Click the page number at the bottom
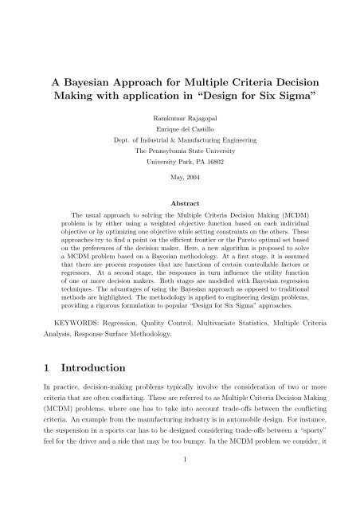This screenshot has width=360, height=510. (180, 491)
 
